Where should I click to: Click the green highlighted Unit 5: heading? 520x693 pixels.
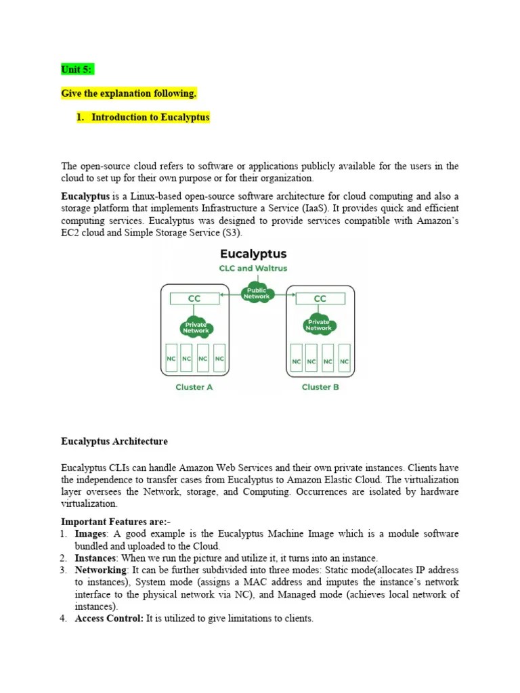pyautogui.click(x=77, y=69)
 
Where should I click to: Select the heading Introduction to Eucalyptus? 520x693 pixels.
pyautogui.click(x=150, y=117)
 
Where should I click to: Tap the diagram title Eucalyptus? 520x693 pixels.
pyautogui.click(x=253, y=254)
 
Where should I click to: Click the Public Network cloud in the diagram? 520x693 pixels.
pyautogui.click(x=256, y=293)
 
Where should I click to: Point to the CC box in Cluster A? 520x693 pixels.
pyautogui.click(x=194, y=298)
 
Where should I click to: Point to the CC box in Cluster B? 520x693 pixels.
pyautogui.click(x=320, y=298)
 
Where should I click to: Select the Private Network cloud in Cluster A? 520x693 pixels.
pyautogui.click(x=196, y=328)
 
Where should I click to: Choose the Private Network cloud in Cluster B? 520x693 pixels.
pyautogui.click(x=318, y=325)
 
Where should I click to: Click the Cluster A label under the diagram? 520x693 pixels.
pyautogui.click(x=194, y=387)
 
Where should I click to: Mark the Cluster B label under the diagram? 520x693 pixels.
pyautogui.click(x=320, y=387)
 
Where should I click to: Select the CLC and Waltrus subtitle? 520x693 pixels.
pyautogui.click(x=253, y=268)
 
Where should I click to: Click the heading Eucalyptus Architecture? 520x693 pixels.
pyautogui.click(x=114, y=441)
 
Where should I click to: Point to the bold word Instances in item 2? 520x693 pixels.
pyautogui.click(x=96, y=558)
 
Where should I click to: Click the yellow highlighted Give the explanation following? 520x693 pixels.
pyautogui.click(x=129, y=93)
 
